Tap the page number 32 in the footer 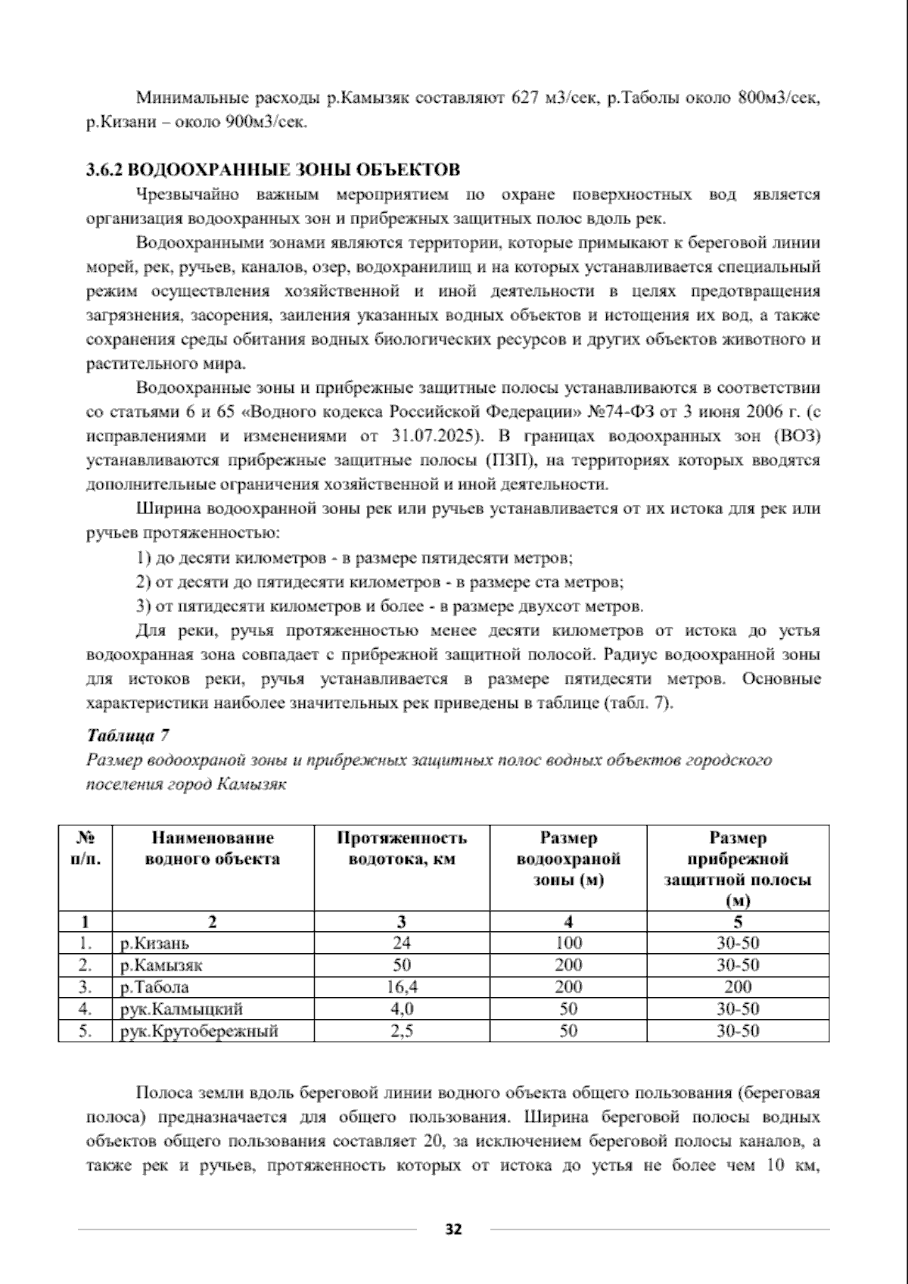pyautogui.click(x=453, y=1228)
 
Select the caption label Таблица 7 pyautogui.click(x=128, y=735)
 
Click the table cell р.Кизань pyautogui.click(x=155, y=943)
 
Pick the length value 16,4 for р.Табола pyautogui.click(x=402, y=987)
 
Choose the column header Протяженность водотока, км pyautogui.click(x=402, y=849)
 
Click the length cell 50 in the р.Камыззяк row pyautogui.click(x=402, y=965)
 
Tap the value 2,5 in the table pyautogui.click(x=402, y=1031)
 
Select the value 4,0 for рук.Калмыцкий pyautogui.click(x=402, y=1009)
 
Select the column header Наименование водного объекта pyautogui.click(x=213, y=849)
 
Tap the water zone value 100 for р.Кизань pyautogui.click(x=568, y=943)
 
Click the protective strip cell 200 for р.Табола pyautogui.click(x=738, y=987)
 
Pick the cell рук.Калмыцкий pyautogui.click(x=182, y=1009)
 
